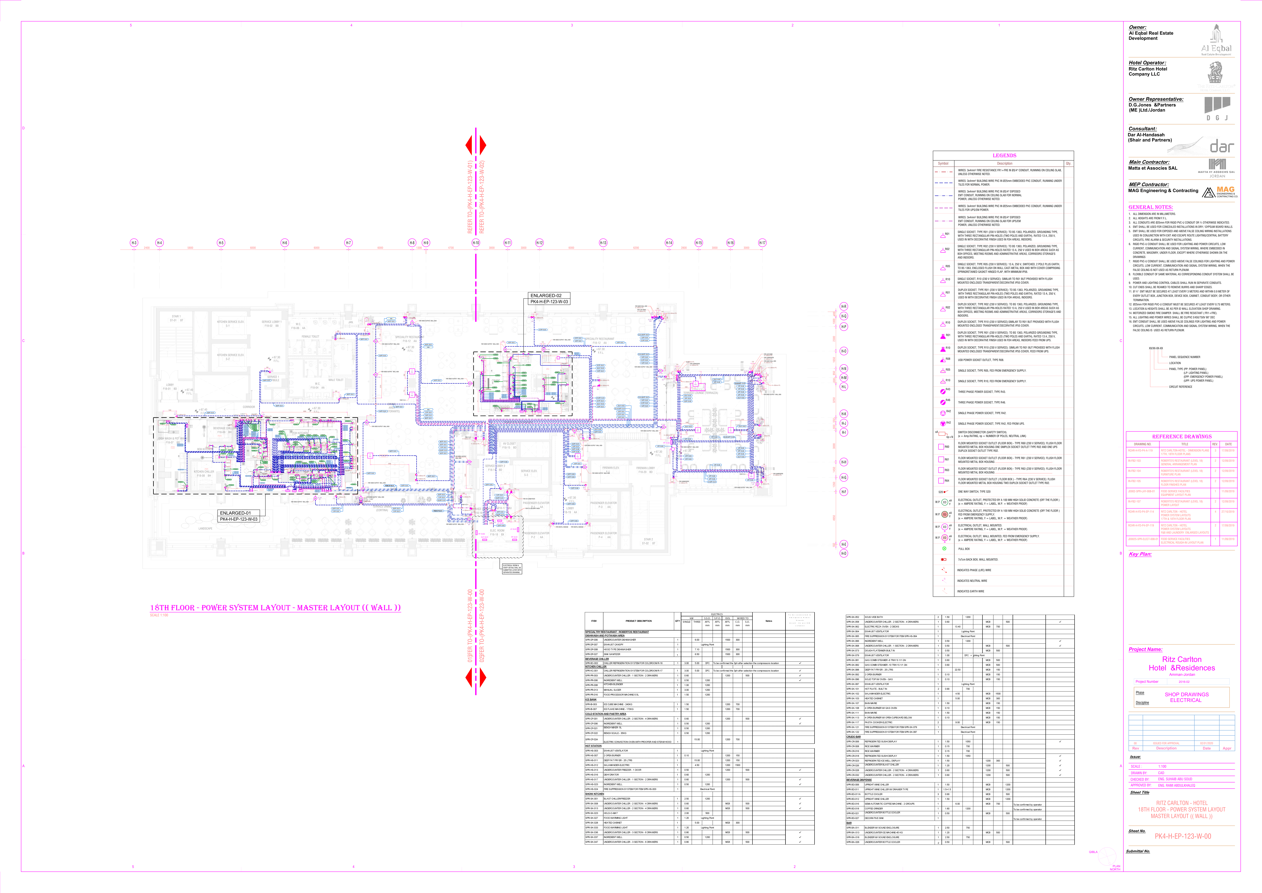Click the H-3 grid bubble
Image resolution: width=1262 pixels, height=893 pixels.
coord(134,242)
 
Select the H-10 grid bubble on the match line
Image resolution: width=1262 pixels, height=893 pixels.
coord(476,242)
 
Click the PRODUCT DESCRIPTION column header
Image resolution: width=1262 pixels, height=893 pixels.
coord(638,621)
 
